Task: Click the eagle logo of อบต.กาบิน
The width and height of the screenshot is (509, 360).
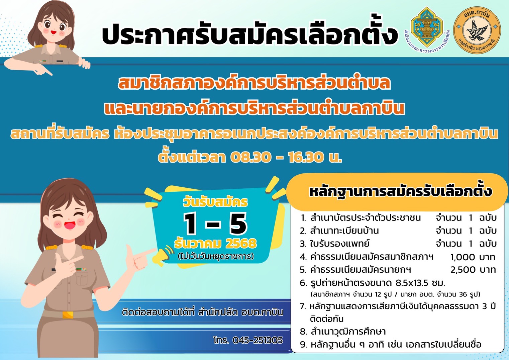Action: (x=477, y=30)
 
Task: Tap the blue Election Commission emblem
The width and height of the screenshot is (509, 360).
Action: (x=427, y=27)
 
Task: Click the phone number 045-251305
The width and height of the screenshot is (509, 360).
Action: (x=258, y=340)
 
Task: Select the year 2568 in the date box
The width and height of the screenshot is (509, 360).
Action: (x=241, y=244)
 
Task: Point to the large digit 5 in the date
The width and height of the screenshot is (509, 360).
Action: (x=238, y=224)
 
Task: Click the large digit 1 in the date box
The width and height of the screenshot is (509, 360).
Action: (x=191, y=224)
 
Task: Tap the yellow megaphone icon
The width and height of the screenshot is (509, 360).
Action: (x=162, y=256)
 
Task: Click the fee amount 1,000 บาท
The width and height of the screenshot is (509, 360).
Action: (x=473, y=257)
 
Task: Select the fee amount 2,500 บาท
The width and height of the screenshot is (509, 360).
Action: (x=473, y=270)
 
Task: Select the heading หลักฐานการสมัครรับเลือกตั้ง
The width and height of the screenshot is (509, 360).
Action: (x=401, y=192)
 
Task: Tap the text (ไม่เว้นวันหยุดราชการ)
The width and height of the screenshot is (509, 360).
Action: (x=216, y=257)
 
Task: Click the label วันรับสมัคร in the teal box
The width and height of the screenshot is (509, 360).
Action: (x=215, y=202)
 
